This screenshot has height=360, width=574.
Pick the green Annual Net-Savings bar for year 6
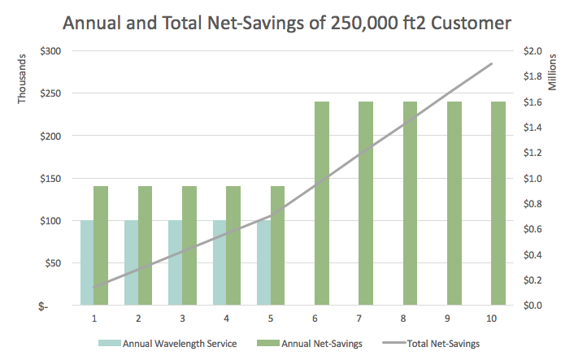click(x=321, y=203)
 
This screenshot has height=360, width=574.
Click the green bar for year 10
click(x=498, y=203)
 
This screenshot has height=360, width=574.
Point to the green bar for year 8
click(x=409, y=203)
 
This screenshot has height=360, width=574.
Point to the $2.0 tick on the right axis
click(x=533, y=51)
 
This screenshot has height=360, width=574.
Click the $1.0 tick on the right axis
click(x=533, y=178)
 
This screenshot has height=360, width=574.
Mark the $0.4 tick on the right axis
click(x=533, y=254)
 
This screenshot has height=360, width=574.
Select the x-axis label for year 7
click(x=359, y=318)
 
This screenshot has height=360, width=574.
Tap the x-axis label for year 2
click(x=138, y=318)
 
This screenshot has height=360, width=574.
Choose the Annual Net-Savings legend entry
click(x=314, y=344)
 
